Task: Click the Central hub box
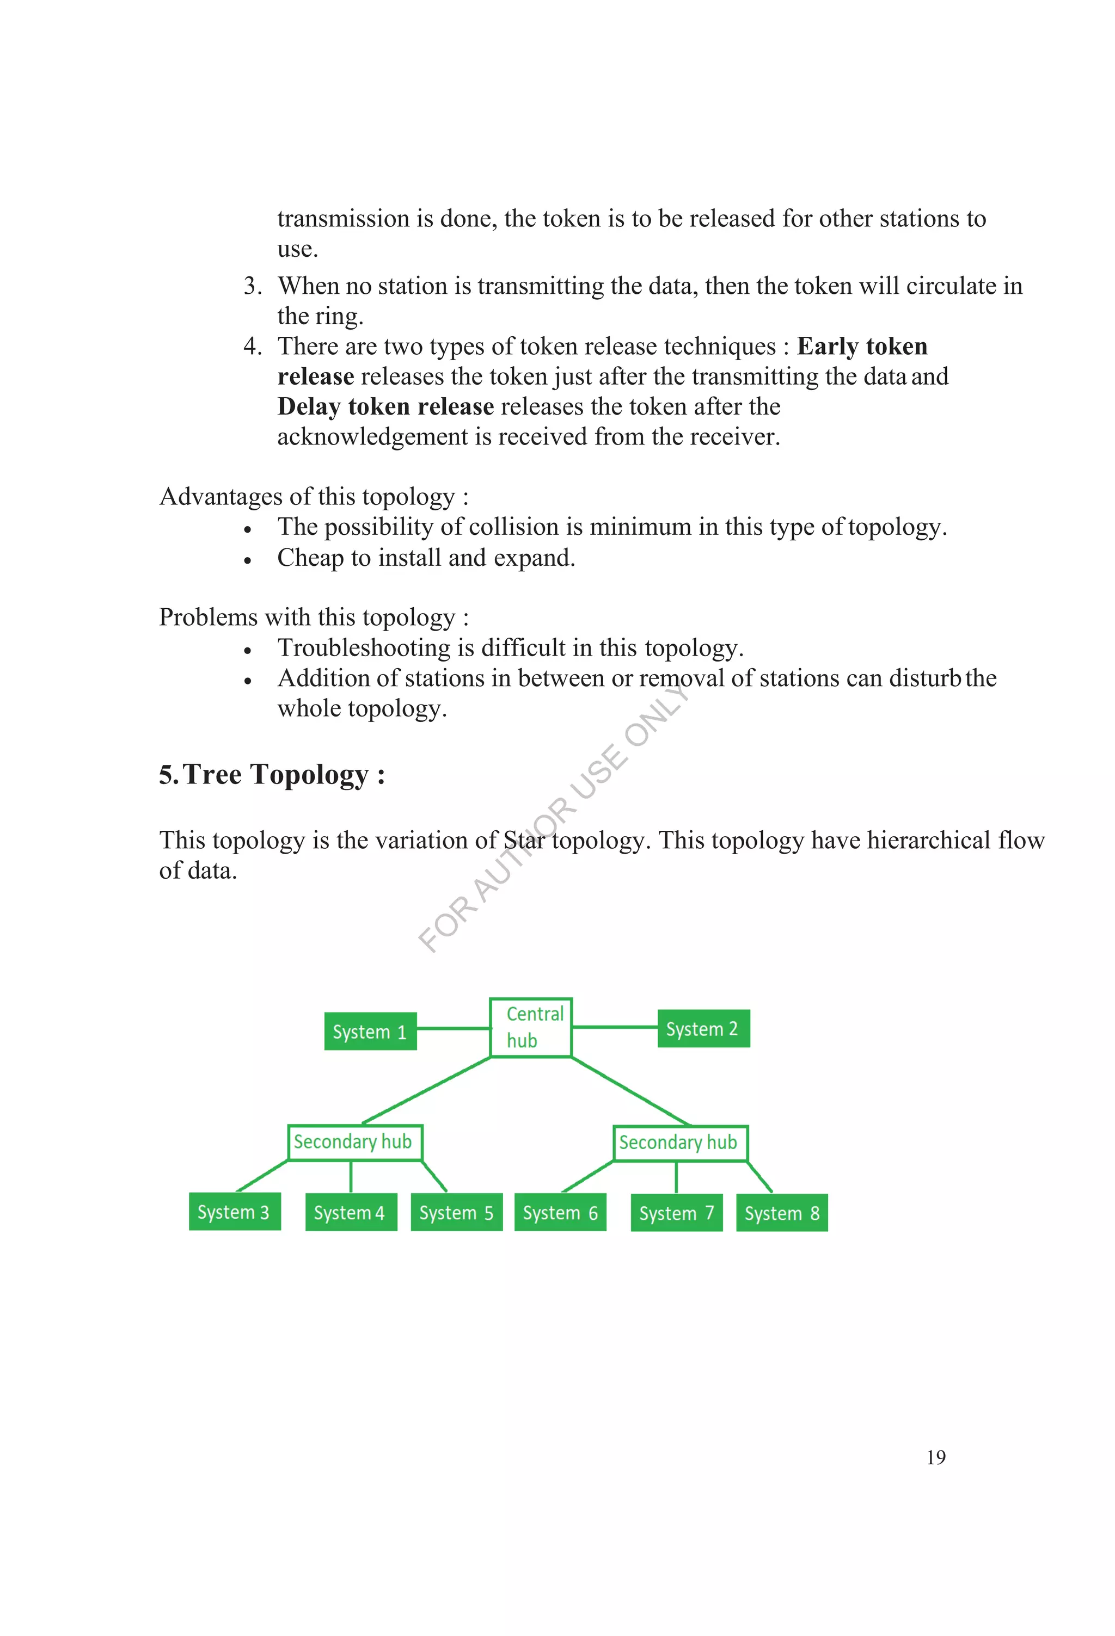point(530,1027)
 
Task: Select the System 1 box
point(370,1032)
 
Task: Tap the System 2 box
point(703,1028)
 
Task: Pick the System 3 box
point(235,1212)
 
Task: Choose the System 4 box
point(351,1212)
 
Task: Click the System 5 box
point(456,1212)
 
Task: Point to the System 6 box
point(560,1212)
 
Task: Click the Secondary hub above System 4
point(355,1142)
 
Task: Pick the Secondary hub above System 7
point(679,1143)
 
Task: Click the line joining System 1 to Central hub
point(453,1028)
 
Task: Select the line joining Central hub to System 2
point(614,1027)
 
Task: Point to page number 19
point(936,1457)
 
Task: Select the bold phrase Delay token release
point(385,407)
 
